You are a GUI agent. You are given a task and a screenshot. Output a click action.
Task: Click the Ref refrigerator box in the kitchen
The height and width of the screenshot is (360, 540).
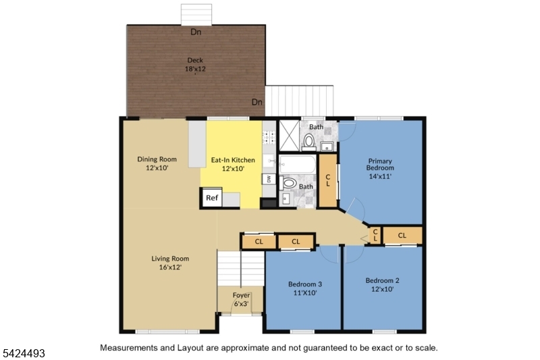point(212,198)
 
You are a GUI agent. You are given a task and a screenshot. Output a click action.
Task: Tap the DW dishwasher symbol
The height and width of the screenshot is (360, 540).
point(268,179)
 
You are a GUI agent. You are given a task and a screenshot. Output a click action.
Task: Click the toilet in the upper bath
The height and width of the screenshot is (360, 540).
point(309,141)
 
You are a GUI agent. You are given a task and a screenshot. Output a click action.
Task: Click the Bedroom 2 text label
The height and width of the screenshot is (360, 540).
point(383,280)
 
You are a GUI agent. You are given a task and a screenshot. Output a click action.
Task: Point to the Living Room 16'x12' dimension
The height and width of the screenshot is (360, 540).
point(170,267)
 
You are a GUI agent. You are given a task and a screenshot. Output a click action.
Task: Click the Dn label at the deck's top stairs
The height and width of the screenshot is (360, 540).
point(196,32)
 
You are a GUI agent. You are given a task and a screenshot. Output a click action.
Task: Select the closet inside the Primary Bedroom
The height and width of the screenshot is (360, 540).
point(327,180)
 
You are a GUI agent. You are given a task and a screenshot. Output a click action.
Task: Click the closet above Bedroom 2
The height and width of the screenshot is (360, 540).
point(402,235)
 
